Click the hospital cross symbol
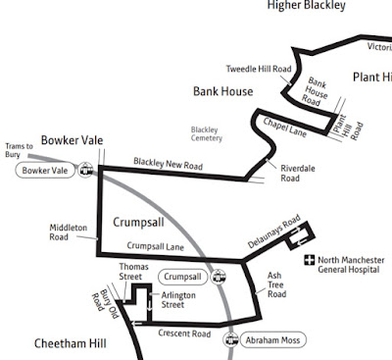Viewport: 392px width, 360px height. pos(309,261)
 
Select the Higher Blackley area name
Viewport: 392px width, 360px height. pos(306,6)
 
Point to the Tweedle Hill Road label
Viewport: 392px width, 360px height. pos(258,69)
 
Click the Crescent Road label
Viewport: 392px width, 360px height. pos(184,334)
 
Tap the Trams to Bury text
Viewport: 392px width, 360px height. pos(21,150)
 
